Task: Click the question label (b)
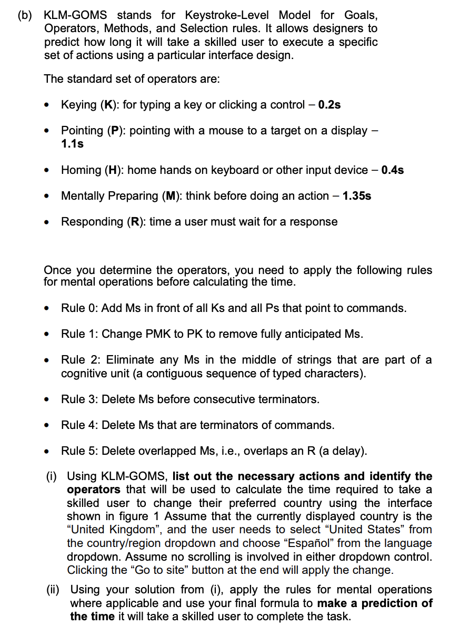tap(25, 15)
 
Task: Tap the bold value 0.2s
tap(330, 105)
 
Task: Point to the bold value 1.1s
tap(73, 143)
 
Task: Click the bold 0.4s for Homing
tap(393, 170)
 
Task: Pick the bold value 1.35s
tap(357, 196)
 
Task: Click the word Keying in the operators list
tap(78, 105)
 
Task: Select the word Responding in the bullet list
tap(91, 221)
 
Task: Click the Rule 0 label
tap(78, 308)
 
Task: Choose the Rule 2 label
tap(78, 360)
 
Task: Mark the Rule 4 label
tap(78, 425)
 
